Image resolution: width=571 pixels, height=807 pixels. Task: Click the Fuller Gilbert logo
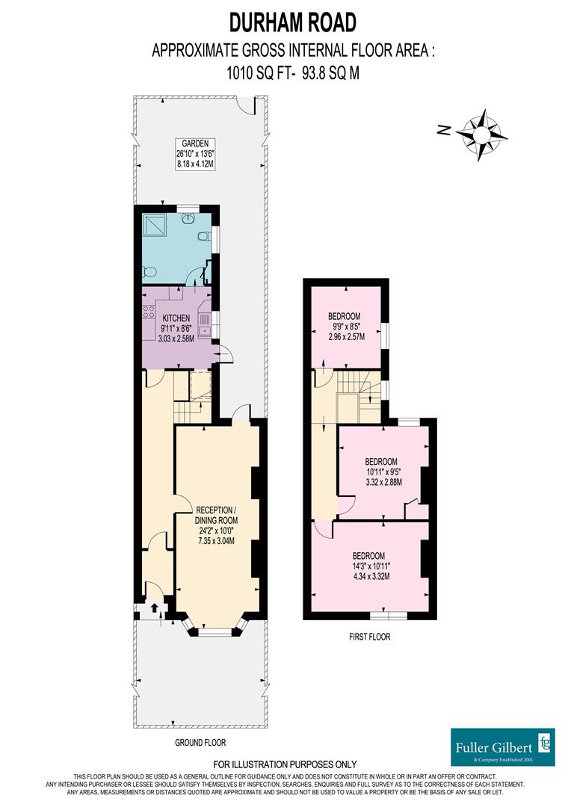[502, 745]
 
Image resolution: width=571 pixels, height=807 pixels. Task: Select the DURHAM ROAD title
[293, 22]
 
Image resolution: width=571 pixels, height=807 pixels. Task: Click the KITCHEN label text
[176, 318]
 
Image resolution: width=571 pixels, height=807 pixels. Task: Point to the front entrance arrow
[154, 609]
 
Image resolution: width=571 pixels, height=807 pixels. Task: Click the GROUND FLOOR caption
[200, 743]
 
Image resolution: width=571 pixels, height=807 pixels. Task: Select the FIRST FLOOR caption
[369, 637]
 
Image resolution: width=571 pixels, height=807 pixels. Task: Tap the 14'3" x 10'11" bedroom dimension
[369, 566]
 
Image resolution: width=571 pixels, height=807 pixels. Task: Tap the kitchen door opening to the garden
[221, 354]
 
